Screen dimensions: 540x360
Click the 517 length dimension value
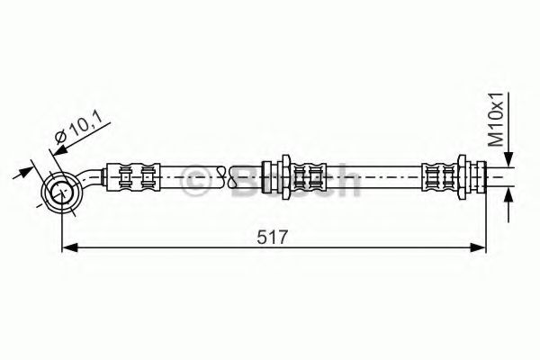coord(272,237)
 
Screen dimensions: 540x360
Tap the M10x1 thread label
coord(498,119)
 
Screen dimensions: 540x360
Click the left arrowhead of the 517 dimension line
coord(70,247)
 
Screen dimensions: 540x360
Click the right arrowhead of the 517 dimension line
coord(478,247)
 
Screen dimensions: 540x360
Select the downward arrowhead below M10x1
coord(508,159)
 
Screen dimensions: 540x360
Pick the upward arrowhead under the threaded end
coord(508,195)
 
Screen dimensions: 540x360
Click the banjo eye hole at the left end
coord(62,191)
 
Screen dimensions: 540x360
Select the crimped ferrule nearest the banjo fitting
coord(133,176)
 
